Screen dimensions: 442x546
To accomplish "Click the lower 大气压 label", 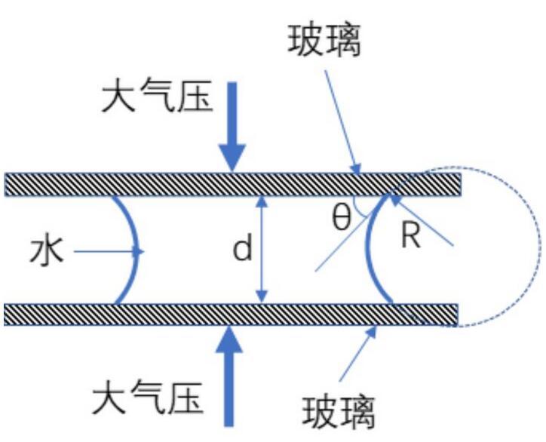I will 148,397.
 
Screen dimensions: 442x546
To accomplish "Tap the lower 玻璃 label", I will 339,411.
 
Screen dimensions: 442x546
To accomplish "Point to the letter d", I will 242,250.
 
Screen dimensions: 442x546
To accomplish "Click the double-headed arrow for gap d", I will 262,250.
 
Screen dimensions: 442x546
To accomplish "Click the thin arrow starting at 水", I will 106,250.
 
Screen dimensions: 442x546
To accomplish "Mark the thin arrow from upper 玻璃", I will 343,121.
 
